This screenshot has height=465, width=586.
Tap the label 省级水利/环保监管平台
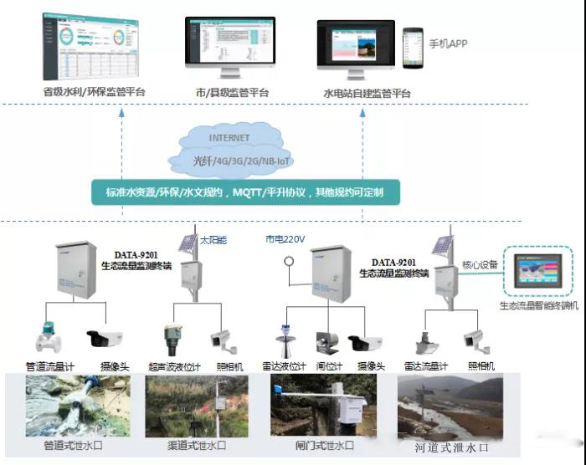tap(94, 93)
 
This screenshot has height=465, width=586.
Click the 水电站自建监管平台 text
tap(368, 93)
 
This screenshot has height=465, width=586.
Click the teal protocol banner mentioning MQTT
tap(245, 192)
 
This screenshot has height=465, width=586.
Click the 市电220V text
tap(285, 239)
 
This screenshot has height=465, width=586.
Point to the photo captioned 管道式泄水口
tap(78, 405)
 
